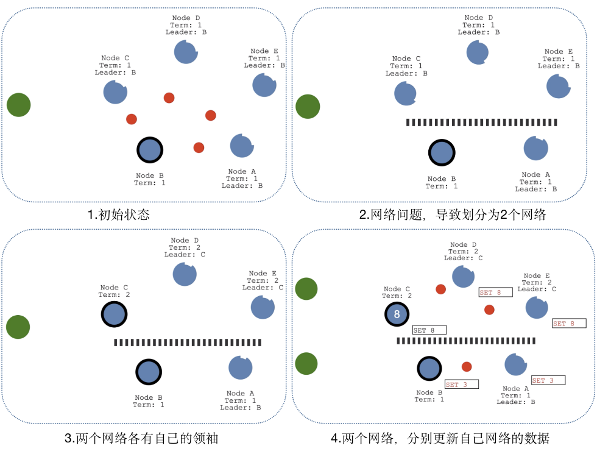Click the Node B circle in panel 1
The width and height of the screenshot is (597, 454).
pyautogui.click(x=150, y=150)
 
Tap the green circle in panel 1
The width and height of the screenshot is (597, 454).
pyautogui.click(x=19, y=105)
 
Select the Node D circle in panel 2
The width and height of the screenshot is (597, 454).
pyautogui.click(x=478, y=52)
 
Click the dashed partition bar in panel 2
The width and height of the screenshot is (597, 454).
pyautogui.click(x=482, y=122)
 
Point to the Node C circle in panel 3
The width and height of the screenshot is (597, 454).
pyautogui.click(x=115, y=314)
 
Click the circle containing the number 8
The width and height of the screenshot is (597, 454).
pyautogui.click(x=397, y=314)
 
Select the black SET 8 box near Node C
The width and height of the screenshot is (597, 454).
pyautogui.click(x=429, y=330)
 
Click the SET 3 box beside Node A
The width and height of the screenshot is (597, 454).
pyautogui.click(x=548, y=380)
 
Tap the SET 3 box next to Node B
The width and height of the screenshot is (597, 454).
pyautogui.click(x=462, y=385)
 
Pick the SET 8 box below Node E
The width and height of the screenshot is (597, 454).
pyautogui.click(x=569, y=324)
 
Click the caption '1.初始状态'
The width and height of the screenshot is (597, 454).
pyautogui.click(x=118, y=215)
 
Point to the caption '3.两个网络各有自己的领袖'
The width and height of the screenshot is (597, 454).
pyautogui.click(x=141, y=438)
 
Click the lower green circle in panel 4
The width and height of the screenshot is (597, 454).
pyautogui.click(x=306, y=364)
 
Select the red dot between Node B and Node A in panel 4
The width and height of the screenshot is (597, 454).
pyautogui.click(x=467, y=367)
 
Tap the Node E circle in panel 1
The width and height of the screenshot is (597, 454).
pyautogui.click(x=264, y=85)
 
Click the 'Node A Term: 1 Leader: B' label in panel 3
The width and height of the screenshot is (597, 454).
pyautogui.click(x=241, y=400)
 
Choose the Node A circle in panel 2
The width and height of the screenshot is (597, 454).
pyautogui.click(x=535, y=148)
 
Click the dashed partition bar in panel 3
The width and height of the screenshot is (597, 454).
pyautogui.click(x=188, y=342)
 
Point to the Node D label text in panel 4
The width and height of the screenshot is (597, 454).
pyautogui.click(x=464, y=251)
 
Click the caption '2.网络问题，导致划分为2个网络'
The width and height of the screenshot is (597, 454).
pyautogui.click(x=453, y=215)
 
